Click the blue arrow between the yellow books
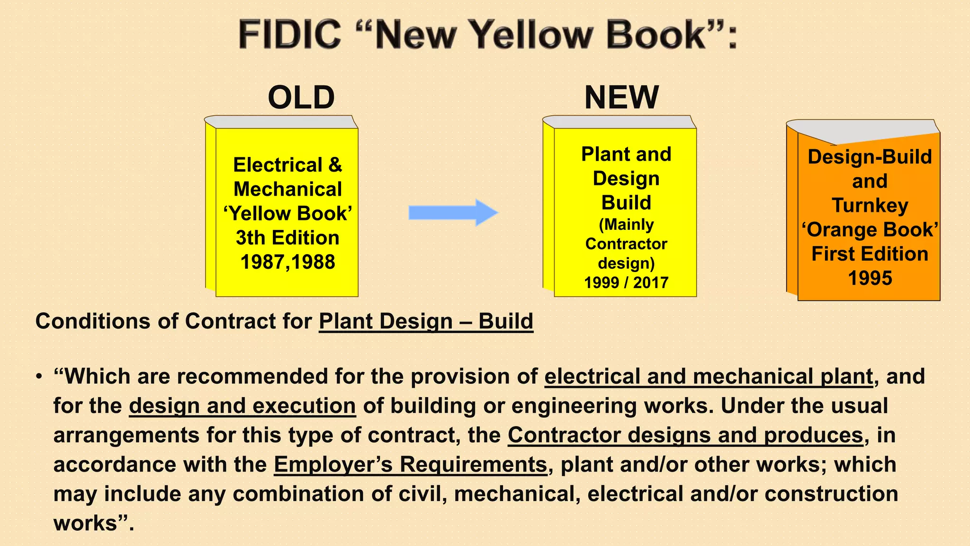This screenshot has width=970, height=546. click(453, 213)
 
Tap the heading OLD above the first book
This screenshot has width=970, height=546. click(301, 98)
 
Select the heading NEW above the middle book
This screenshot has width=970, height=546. click(621, 98)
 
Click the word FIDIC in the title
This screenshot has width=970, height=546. click(290, 35)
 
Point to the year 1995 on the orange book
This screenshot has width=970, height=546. click(870, 278)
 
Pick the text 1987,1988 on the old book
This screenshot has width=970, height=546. click(288, 262)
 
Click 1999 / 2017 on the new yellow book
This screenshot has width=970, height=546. click(626, 282)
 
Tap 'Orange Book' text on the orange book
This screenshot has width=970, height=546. click(870, 230)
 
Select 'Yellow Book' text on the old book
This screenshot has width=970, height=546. click(288, 214)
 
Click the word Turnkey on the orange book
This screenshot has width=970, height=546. click(870, 205)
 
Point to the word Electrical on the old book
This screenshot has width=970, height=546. click(278, 165)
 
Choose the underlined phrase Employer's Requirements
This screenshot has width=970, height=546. click(410, 464)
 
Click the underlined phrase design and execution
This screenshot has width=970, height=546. click(242, 406)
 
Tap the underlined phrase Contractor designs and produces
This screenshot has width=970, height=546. click(685, 435)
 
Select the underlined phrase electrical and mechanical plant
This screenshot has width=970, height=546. click(709, 376)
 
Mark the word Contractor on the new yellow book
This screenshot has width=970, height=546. click(626, 244)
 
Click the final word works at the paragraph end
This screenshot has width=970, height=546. click(85, 523)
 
